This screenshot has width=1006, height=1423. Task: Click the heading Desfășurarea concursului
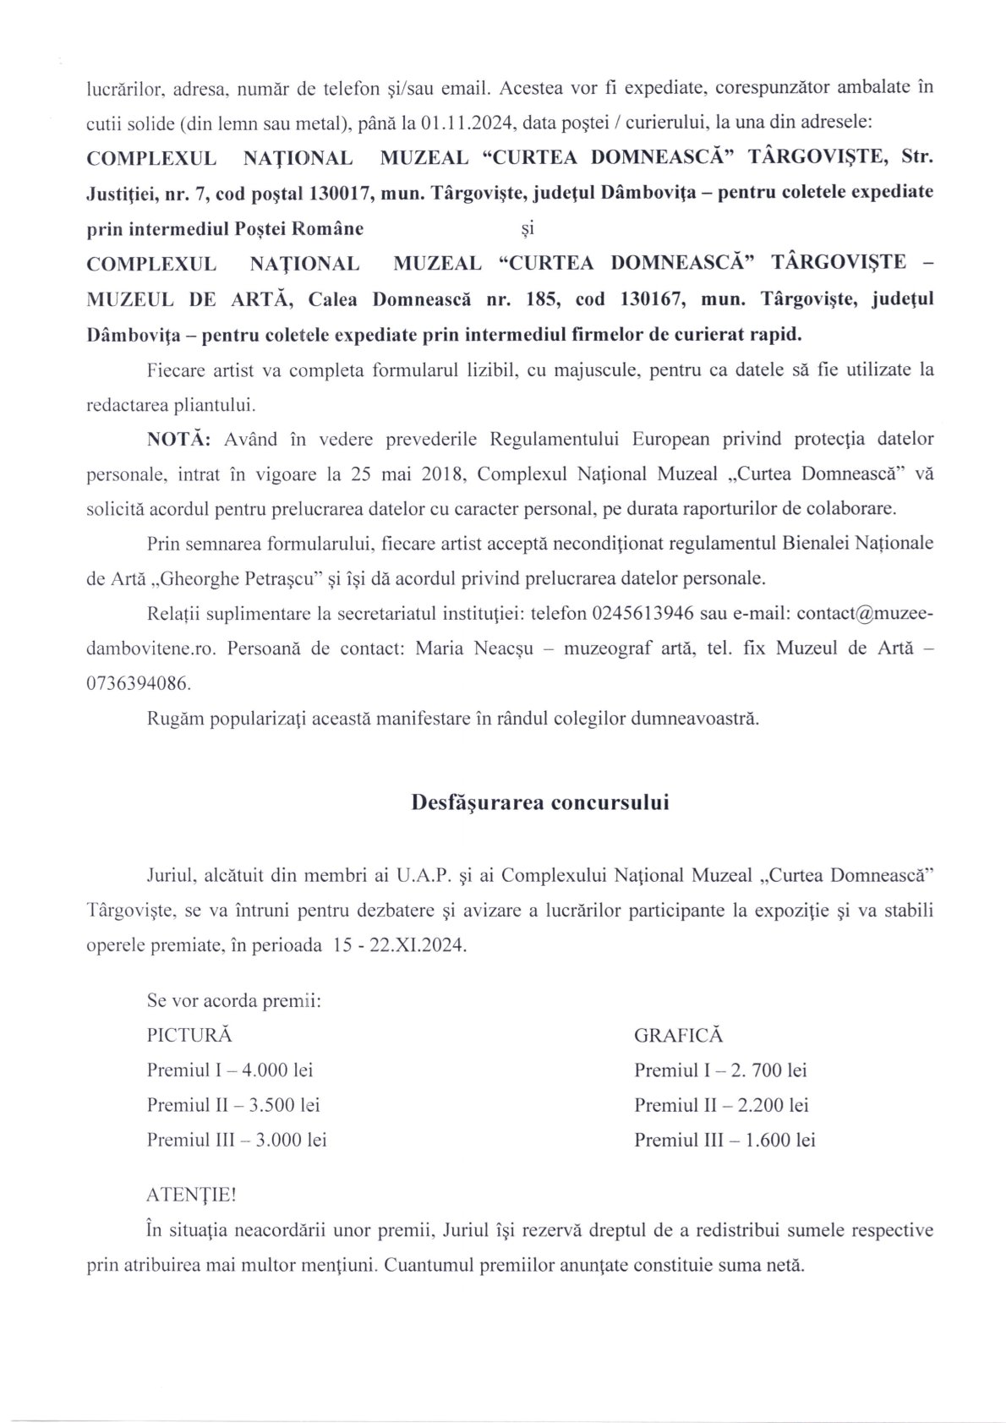(x=539, y=802)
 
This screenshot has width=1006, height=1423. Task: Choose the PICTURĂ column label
(x=189, y=1035)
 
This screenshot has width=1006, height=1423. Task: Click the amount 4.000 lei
(x=277, y=1070)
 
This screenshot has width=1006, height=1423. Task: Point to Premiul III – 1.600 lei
(x=724, y=1140)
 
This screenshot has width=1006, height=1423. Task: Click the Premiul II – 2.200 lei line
(x=721, y=1104)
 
